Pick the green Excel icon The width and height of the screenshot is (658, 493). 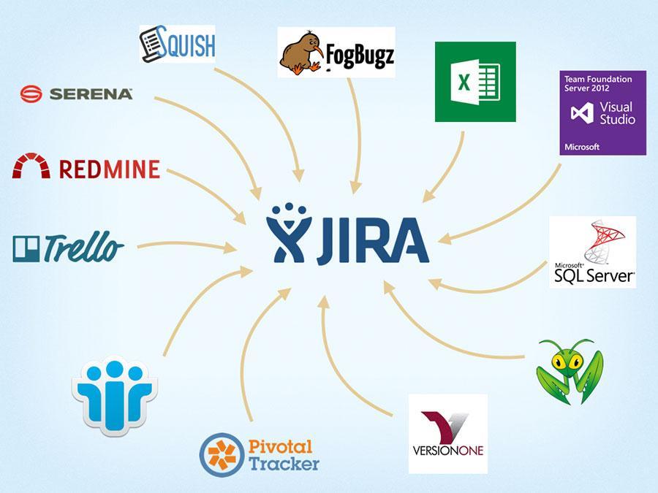(x=475, y=81)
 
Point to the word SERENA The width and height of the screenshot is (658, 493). (x=91, y=93)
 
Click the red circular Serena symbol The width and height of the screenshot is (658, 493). (x=31, y=93)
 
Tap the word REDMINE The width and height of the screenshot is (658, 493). (x=109, y=169)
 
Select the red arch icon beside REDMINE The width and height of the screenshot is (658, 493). (x=31, y=167)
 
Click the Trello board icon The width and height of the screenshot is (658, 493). (x=26, y=248)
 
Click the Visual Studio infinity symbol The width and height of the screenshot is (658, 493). (x=581, y=114)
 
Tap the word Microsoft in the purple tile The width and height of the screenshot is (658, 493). (x=582, y=147)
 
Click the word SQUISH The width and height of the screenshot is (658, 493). (x=189, y=45)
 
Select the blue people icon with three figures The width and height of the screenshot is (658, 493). (x=115, y=393)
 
